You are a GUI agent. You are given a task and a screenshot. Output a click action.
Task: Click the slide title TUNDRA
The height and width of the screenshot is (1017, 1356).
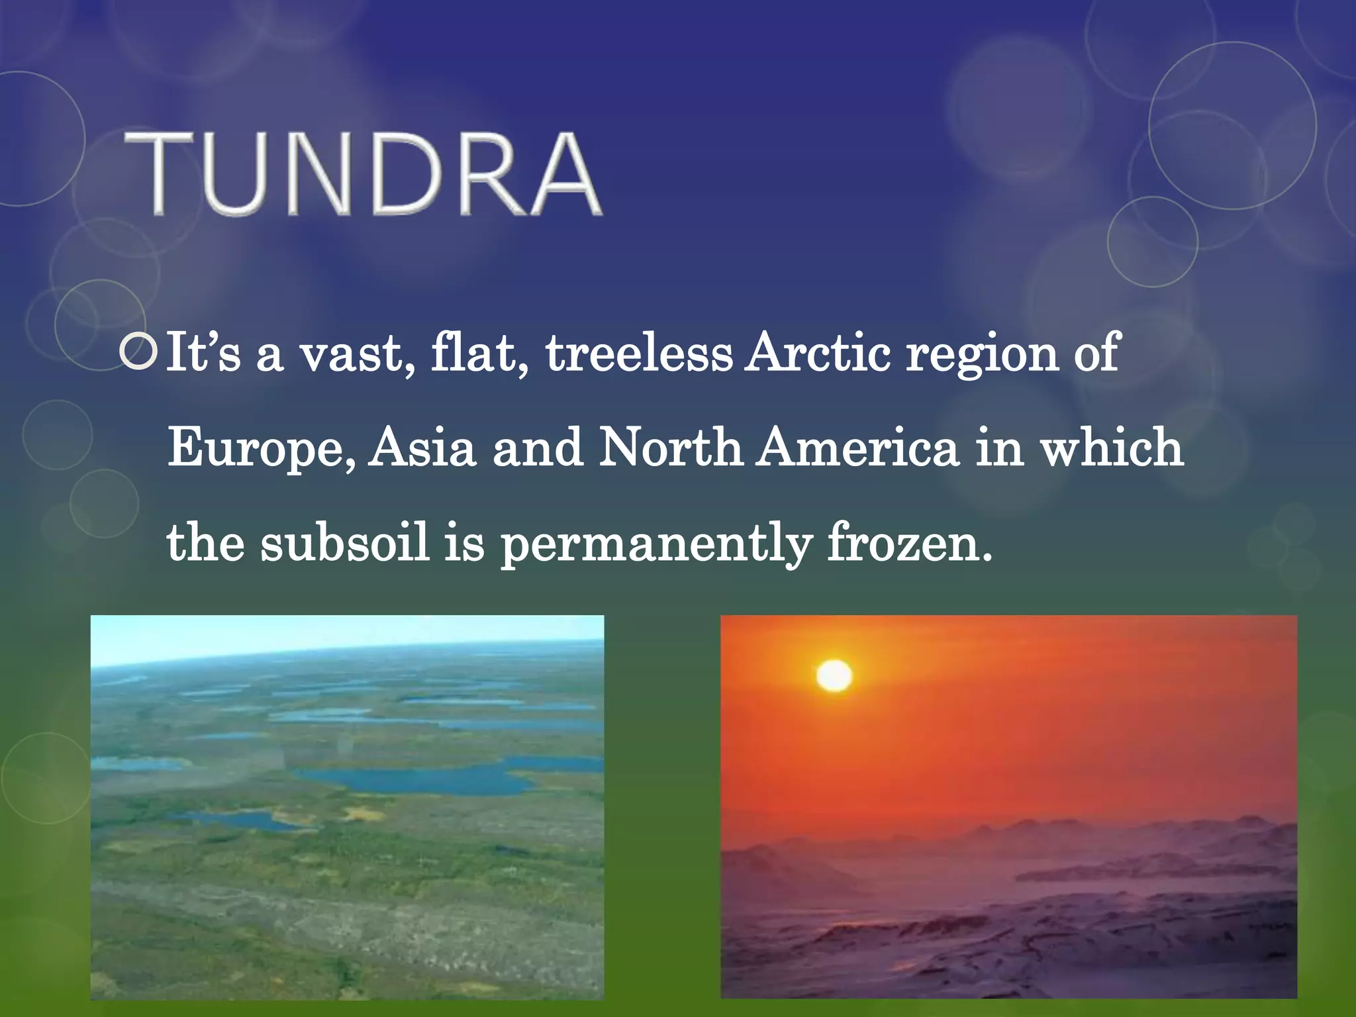[x=363, y=173]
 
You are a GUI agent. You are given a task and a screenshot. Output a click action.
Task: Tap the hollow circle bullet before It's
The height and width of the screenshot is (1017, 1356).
[x=138, y=353]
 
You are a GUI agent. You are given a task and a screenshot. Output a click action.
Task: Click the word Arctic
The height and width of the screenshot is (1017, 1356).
[x=818, y=353]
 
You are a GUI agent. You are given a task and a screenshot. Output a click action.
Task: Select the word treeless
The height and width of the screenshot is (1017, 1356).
[x=639, y=353]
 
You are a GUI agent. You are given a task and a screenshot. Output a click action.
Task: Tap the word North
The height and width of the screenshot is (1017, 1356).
[x=670, y=448]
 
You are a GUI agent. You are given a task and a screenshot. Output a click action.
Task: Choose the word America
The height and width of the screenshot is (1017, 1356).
[x=858, y=448]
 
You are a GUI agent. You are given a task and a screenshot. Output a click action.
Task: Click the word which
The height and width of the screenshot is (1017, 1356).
[x=1112, y=448]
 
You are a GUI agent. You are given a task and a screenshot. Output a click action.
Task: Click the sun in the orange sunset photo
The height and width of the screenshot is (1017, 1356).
[x=834, y=675]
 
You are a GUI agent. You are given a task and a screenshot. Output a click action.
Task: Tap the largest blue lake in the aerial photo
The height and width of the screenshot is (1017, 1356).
[x=424, y=780]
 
